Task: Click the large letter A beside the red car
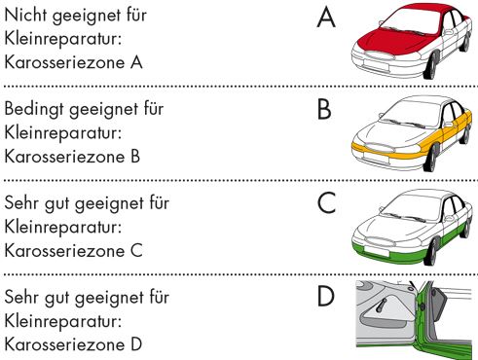click(326, 18)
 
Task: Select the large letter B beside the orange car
click(324, 110)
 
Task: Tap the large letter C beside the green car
click(326, 203)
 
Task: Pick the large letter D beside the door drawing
click(325, 296)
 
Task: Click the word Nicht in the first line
click(26, 15)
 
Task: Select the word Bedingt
click(35, 110)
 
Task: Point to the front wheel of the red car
click(431, 66)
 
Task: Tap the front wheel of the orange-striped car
click(431, 160)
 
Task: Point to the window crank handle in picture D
click(381, 306)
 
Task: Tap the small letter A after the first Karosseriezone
click(136, 62)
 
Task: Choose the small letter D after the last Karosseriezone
click(136, 344)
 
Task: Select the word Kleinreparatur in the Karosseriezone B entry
click(63, 133)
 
